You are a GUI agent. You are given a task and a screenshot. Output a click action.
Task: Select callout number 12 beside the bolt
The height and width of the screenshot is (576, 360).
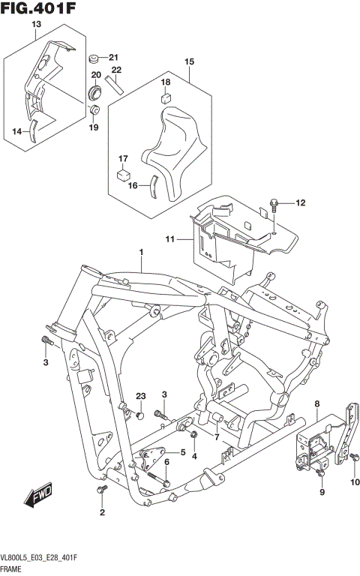[x=301, y=202]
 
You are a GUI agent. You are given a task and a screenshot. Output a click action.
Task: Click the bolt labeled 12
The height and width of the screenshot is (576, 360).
[x=275, y=203]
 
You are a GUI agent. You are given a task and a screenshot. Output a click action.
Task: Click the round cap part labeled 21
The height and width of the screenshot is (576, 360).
[x=95, y=58]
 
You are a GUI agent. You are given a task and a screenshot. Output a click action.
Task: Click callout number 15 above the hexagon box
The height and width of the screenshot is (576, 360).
[x=189, y=61]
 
